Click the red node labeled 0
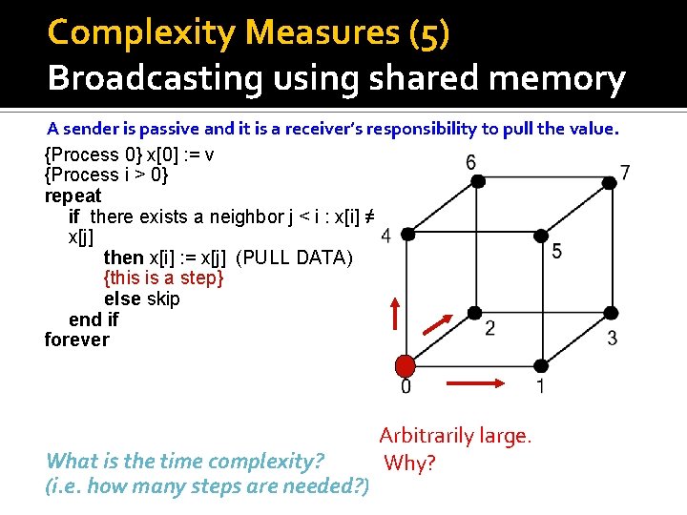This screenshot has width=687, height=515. [x=406, y=366]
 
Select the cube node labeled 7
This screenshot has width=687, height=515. [x=608, y=178]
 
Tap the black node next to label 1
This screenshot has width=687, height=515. [x=541, y=366]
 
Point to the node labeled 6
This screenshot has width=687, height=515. [x=472, y=178]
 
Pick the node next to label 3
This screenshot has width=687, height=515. [x=608, y=313]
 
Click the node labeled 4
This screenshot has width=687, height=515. [x=406, y=234]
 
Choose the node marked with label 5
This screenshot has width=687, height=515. [x=541, y=234]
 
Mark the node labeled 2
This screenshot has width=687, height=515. [x=472, y=313]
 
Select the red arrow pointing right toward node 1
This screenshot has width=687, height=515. [x=474, y=384]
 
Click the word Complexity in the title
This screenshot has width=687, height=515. [x=142, y=32]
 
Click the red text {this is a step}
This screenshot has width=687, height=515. [x=163, y=278]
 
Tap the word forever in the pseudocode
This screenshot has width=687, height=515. [x=76, y=340]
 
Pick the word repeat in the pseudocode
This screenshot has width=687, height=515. [x=73, y=196]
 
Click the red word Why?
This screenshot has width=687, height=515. [x=409, y=463]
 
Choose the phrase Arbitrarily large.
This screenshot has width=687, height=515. [x=454, y=437]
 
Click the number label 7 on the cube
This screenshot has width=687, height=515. [x=625, y=173]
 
